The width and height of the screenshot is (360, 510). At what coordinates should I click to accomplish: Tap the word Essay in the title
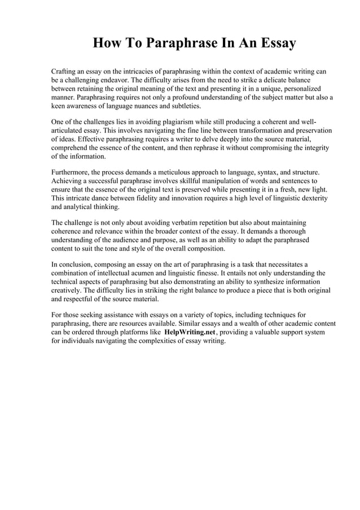[275, 43]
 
